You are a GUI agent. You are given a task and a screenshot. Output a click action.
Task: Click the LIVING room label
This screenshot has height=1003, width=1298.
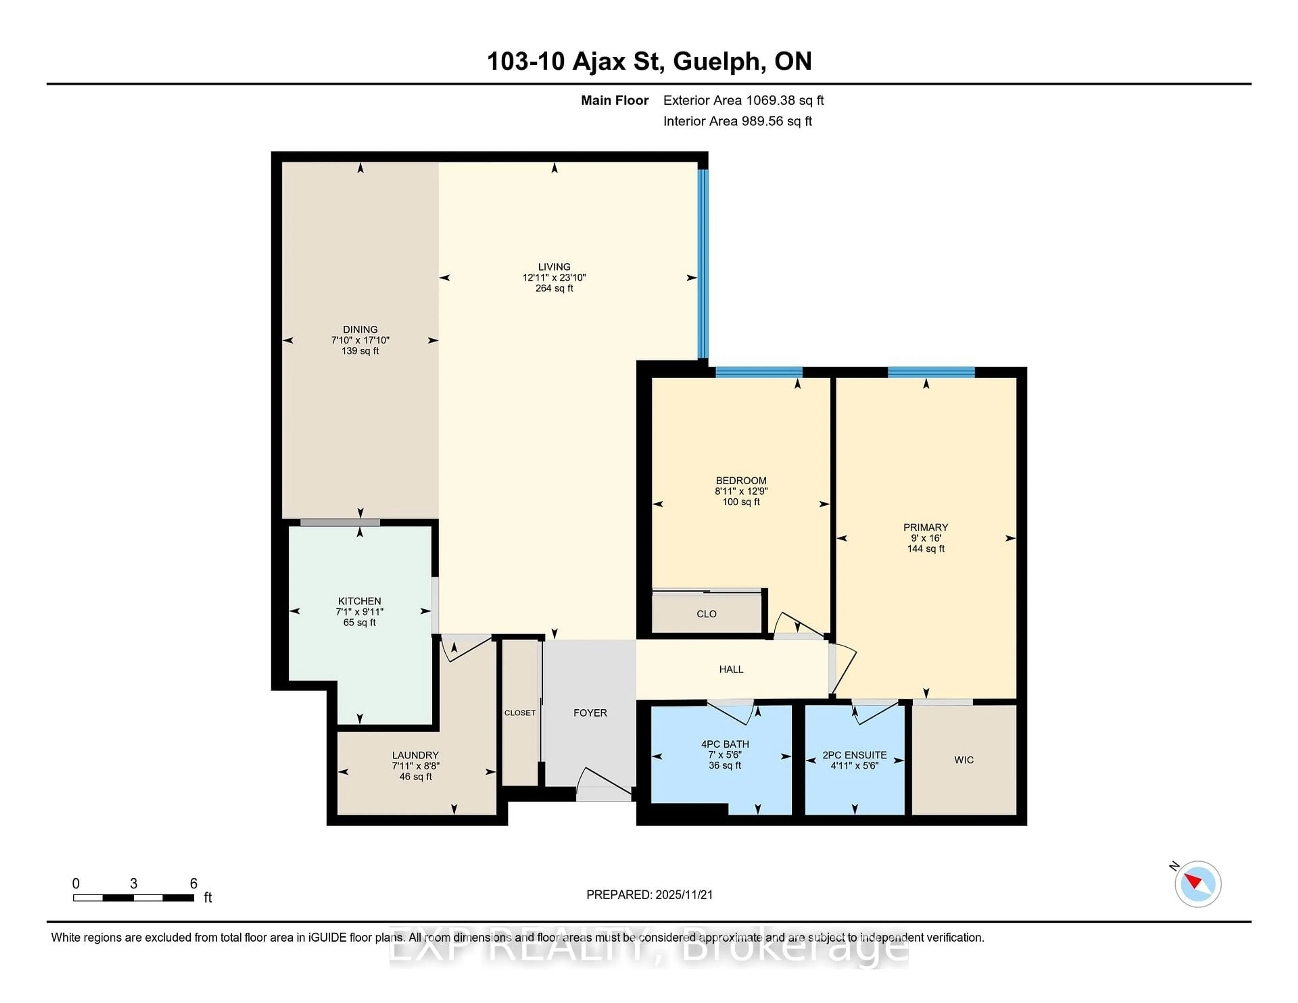coord(554,267)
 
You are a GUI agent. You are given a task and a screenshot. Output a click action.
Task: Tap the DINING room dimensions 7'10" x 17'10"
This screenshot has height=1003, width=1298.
coord(360,340)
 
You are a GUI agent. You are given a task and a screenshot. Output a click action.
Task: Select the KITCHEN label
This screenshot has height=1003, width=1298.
coord(360,601)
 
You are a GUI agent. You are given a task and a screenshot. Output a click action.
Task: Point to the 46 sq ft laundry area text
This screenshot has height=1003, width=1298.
coord(415,777)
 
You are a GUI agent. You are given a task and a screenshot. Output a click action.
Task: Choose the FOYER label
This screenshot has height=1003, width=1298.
coord(590,712)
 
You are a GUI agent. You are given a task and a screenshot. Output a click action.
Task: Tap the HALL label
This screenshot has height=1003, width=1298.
coord(731,669)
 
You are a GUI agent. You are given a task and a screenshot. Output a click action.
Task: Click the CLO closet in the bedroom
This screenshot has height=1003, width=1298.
coord(707,614)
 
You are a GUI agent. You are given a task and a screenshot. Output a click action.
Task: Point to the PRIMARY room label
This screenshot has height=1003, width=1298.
coord(926,527)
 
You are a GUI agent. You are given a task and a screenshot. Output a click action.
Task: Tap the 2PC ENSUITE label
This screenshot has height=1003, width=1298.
coord(854,755)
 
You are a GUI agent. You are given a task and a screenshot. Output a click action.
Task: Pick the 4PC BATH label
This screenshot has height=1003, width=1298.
coord(725,744)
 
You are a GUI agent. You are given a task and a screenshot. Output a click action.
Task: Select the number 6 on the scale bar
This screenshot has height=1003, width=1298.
coord(193,884)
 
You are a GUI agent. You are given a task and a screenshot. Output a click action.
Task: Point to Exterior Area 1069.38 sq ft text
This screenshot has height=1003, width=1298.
coord(743,100)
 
